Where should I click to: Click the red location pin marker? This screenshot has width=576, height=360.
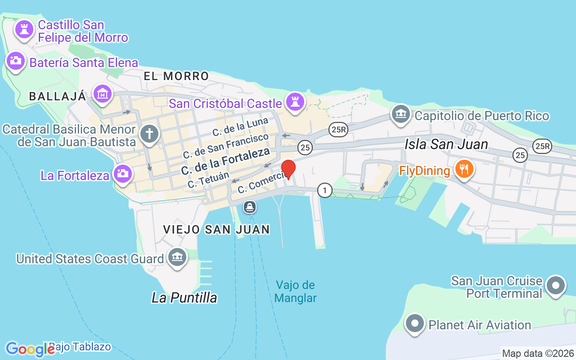tap(288, 169)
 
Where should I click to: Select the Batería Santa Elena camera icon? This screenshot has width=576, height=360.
tap(16, 61)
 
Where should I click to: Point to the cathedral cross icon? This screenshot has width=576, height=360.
tap(149, 133)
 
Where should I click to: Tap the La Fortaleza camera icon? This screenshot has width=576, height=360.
tap(121, 173)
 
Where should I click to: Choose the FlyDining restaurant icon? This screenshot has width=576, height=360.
tap(464, 169)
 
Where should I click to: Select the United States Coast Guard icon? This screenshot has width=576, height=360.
tap(177, 257)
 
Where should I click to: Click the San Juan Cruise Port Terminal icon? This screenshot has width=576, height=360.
tap(556, 285)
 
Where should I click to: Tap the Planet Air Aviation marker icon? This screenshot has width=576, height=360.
tap(415, 323)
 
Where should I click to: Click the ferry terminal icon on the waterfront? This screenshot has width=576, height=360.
tap(250, 207)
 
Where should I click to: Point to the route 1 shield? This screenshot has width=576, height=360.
tap(324, 190)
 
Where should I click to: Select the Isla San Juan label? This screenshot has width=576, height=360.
tap(446, 144)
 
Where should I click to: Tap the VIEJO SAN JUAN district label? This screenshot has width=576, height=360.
tap(216, 229)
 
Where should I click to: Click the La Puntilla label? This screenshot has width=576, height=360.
tap(184, 297)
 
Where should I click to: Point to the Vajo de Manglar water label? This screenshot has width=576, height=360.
tap(295, 292)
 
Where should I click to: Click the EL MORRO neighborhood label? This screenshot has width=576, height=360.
tap(176, 76)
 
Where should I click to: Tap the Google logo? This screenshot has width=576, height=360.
tap(30, 349)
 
